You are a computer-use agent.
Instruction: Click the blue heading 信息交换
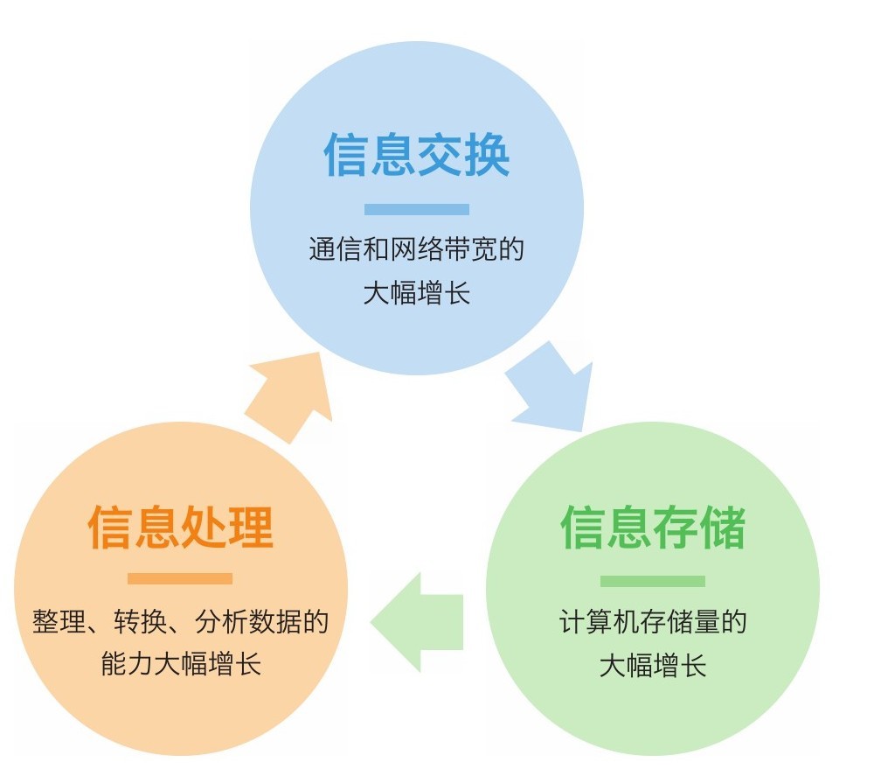pos(417,156)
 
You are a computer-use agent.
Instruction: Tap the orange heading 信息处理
pos(181,527)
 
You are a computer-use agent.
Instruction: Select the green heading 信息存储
pos(653,527)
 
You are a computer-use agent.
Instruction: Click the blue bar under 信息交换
pos(417,210)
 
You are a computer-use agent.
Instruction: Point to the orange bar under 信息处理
pos(180,578)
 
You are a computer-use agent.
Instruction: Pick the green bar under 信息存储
pos(653,581)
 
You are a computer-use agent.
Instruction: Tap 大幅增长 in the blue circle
pos(417,293)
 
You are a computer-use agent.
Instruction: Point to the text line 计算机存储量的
pos(653,623)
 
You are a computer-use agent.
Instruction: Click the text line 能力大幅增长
pos(181,665)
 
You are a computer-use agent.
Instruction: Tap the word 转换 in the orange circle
pos(135,623)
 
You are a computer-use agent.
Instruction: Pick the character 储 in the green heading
pos(723,527)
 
